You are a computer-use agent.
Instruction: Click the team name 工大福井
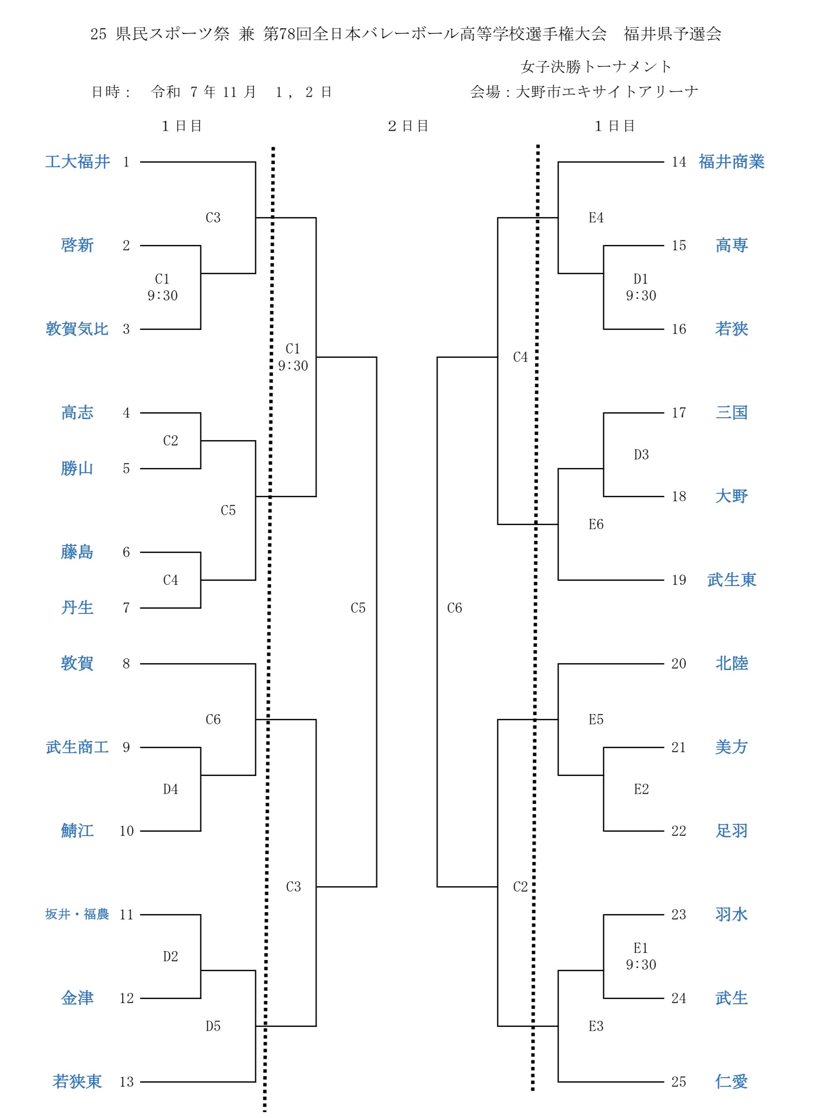coord(77,162)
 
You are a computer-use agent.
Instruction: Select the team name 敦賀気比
coord(77,329)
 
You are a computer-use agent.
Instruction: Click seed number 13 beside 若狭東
coord(126,1081)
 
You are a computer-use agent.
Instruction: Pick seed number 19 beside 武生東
coord(679,580)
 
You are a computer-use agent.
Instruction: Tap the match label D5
coord(213,1026)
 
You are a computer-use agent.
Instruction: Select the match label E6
coord(596,524)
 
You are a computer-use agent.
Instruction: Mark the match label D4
coord(171,789)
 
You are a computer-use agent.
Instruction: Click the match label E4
coord(596,217)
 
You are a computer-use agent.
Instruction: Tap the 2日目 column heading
coord(408,126)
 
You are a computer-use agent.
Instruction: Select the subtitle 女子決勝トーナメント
coord(596,66)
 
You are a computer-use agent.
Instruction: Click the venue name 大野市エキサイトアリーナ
coord(607,92)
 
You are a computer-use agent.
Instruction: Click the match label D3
coord(641,454)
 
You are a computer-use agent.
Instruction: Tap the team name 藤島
coord(77,552)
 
